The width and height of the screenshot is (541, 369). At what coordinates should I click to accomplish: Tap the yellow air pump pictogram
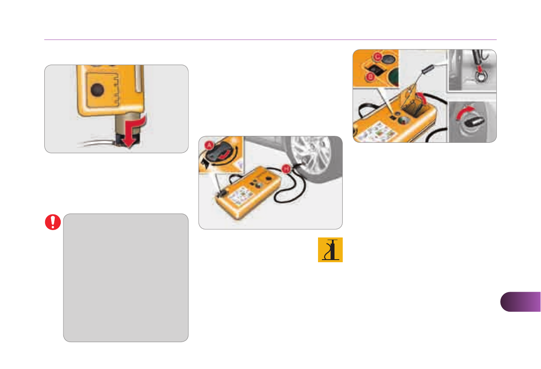click(330, 250)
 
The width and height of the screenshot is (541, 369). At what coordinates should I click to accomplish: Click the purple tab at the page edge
click(521, 302)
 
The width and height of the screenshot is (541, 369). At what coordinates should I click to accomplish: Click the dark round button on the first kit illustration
click(97, 90)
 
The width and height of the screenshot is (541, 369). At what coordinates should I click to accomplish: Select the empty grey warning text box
click(126, 277)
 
